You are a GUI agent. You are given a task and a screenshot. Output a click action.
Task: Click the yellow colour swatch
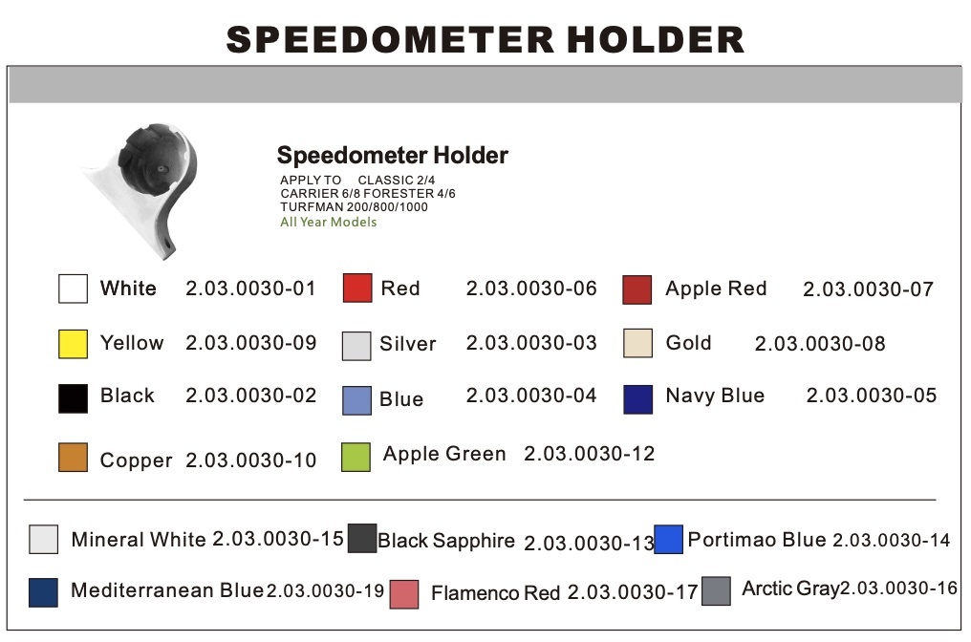point(73,344)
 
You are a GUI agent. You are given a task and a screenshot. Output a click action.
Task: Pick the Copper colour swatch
point(73,458)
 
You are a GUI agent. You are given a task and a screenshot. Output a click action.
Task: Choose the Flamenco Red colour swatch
point(404,593)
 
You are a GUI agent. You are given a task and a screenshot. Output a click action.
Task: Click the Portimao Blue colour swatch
point(669,540)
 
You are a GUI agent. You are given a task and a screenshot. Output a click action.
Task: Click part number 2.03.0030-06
point(531,289)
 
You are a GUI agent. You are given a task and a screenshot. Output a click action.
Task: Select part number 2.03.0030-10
point(250,460)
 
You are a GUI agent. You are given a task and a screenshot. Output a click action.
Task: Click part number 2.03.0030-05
point(872,396)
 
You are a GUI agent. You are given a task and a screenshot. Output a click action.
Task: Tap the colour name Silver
point(407,344)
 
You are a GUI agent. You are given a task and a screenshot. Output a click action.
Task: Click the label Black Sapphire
point(446,542)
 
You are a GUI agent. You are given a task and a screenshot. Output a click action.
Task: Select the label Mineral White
point(139,540)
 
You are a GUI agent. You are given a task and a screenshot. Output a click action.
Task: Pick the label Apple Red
point(716,289)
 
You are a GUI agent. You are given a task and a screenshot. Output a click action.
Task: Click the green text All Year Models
point(328,223)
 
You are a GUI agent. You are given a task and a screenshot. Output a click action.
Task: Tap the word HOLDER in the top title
point(656,40)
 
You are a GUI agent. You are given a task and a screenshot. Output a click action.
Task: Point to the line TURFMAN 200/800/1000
point(354,207)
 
